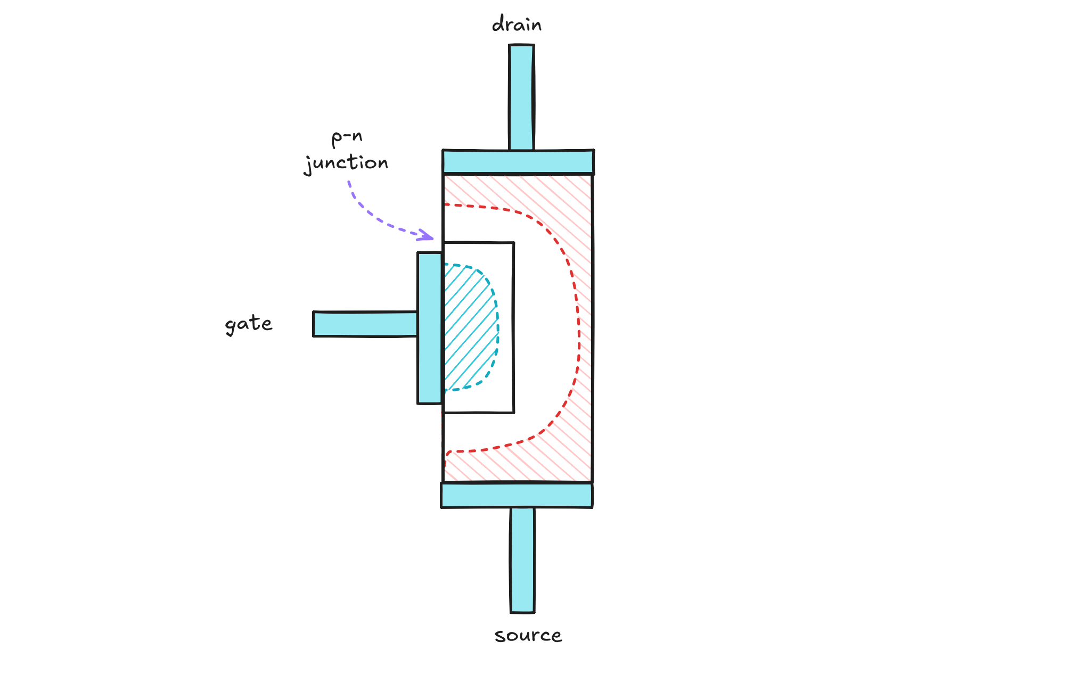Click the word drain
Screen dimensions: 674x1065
(x=517, y=24)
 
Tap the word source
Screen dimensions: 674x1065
(x=528, y=635)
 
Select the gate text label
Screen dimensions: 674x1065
(x=249, y=324)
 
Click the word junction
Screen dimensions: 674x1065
(x=346, y=163)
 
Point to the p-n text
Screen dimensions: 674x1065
(x=347, y=137)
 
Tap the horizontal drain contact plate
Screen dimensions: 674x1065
(x=518, y=162)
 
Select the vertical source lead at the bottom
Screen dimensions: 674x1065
(x=522, y=559)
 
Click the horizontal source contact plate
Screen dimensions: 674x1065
(x=517, y=495)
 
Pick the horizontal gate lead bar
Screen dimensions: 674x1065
(x=365, y=324)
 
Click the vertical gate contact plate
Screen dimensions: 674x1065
(x=430, y=328)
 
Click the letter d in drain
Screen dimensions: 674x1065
(x=498, y=24)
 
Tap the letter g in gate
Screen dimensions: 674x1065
(x=231, y=326)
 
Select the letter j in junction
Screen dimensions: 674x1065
(x=308, y=165)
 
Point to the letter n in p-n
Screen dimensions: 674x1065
(x=357, y=137)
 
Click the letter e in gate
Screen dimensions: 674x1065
(x=266, y=323)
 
